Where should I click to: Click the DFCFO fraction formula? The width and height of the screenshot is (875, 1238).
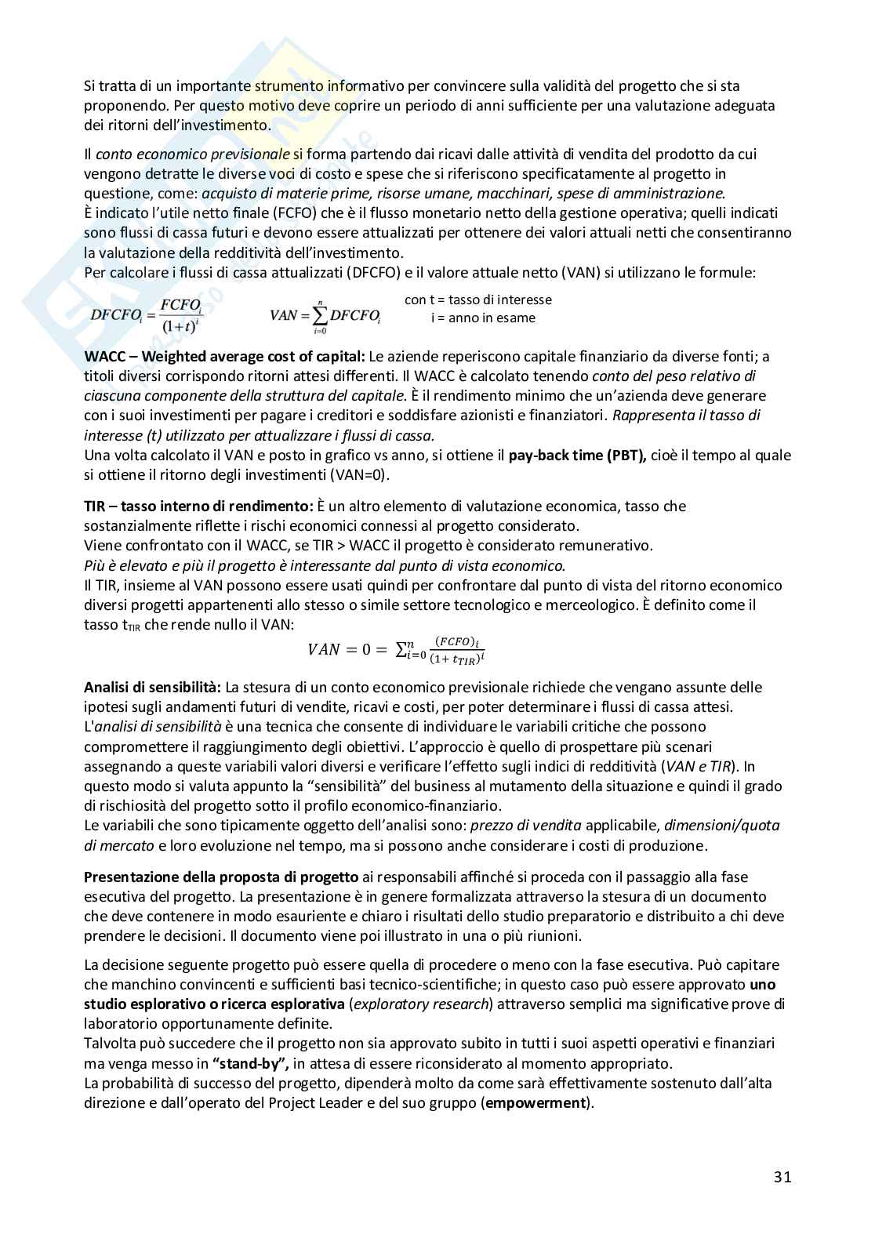[147, 315]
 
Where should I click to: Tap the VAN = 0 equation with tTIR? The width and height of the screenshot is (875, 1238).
[397, 649]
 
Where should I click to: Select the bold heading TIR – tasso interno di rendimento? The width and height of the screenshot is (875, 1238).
[198, 506]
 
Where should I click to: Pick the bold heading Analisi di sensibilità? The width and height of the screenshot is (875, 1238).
[153, 688]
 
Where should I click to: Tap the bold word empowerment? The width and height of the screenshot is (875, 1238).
[536, 1102]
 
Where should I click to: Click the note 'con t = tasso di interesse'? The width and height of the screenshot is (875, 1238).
[477, 300]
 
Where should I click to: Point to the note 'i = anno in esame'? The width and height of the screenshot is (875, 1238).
[483, 318]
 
